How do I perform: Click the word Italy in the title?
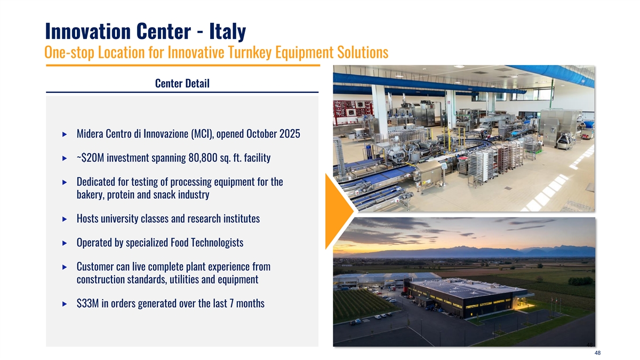227,31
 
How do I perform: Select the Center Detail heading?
182,83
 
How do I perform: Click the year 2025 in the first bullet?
290,134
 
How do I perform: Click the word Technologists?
217,243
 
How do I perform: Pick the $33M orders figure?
87,303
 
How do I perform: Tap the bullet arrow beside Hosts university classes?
65,219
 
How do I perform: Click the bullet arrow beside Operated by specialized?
65,243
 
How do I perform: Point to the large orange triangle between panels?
337,211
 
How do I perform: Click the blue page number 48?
597,353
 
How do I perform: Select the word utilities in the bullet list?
185,279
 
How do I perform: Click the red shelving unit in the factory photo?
353,112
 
